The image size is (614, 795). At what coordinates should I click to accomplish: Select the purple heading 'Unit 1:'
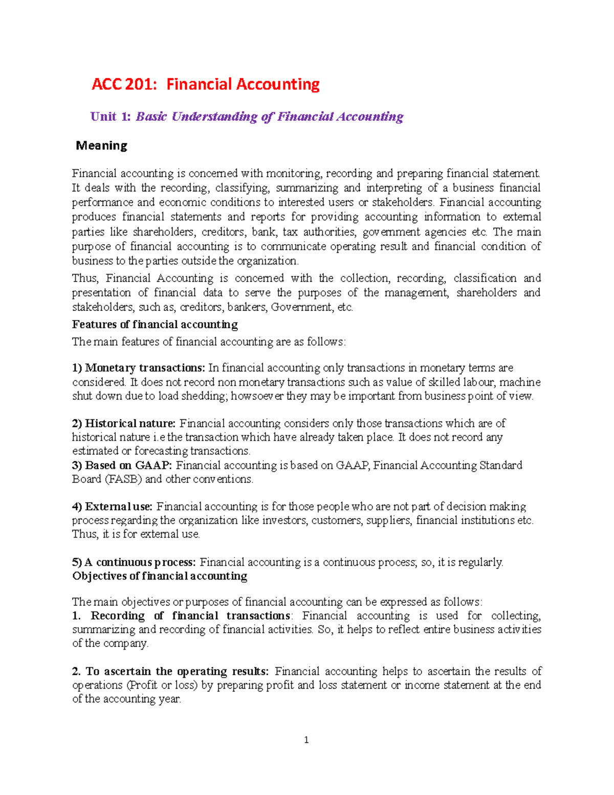(110, 117)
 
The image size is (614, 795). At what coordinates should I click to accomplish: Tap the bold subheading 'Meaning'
(101, 146)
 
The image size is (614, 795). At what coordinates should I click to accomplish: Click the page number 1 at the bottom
(306, 740)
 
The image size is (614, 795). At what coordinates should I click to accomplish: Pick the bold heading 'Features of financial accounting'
(155, 325)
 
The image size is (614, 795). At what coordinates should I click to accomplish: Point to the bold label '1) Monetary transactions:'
(138, 368)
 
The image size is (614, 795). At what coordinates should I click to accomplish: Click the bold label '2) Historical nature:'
(124, 423)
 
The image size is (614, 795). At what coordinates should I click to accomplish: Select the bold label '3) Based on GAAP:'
(122, 465)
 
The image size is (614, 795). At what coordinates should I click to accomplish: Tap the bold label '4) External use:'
(112, 507)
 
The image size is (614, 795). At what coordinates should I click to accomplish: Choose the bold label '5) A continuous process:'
(134, 562)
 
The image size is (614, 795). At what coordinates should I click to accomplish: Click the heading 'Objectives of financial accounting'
(159, 576)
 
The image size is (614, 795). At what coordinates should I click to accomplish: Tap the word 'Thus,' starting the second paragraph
(85, 278)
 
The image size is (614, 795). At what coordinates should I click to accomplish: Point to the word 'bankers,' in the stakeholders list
(247, 307)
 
